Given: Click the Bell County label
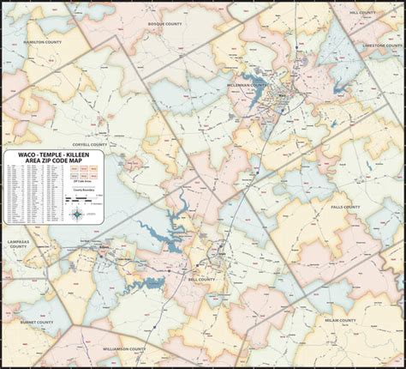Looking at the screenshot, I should pos(200,279).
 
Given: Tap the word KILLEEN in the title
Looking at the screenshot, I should pos(81,154).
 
